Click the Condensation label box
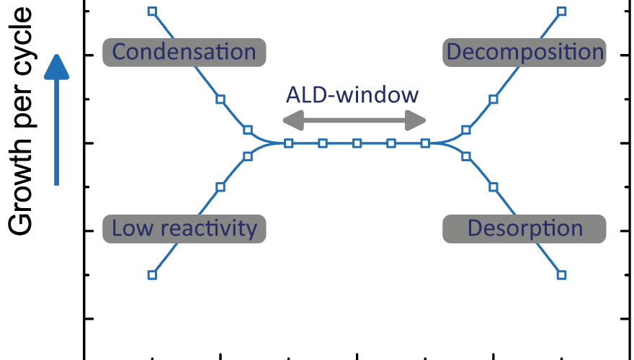click(184, 53)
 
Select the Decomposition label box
click(524, 53)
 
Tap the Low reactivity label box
click(184, 229)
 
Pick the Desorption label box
click(524, 229)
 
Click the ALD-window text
click(352, 95)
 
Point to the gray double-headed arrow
click(354, 120)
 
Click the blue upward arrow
click(57, 120)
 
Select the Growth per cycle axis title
click(20, 120)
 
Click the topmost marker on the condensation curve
click(152, 12)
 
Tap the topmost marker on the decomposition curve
click(561, 12)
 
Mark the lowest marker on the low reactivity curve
click(152, 275)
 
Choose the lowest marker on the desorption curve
click(561, 275)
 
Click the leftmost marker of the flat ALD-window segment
click(288, 143)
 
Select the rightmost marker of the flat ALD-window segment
click(425, 143)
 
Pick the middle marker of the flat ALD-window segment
click(357, 143)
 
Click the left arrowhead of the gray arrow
click(293, 120)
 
